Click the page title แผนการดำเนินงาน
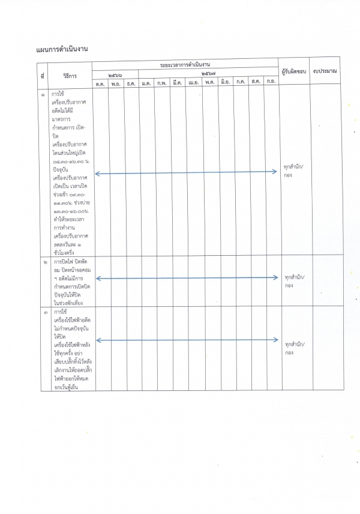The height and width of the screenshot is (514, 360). [x=62, y=49]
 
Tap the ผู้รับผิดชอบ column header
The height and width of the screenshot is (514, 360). [x=294, y=72]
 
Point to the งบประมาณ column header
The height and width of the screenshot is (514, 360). [x=325, y=71]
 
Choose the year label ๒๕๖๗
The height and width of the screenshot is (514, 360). [x=210, y=73]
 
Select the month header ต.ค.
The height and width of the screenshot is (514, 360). [x=100, y=83]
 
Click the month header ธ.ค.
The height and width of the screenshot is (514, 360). [x=131, y=83]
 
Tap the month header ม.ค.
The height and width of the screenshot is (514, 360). [x=146, y=83]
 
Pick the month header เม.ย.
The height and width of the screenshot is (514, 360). [x=193, y=83]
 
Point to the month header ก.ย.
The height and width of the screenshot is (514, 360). [x=271, y=82]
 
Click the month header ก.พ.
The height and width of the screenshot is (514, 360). [x=162, y=83]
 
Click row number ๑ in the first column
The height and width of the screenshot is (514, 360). [x=42, y=95]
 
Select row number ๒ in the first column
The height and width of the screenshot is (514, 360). [x=42, y=263]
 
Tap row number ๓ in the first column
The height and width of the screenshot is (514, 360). [x=42, y=313]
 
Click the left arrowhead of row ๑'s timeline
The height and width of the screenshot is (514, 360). [x=97, y=174]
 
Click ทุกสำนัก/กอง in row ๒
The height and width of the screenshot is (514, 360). [x=294, y=281]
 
